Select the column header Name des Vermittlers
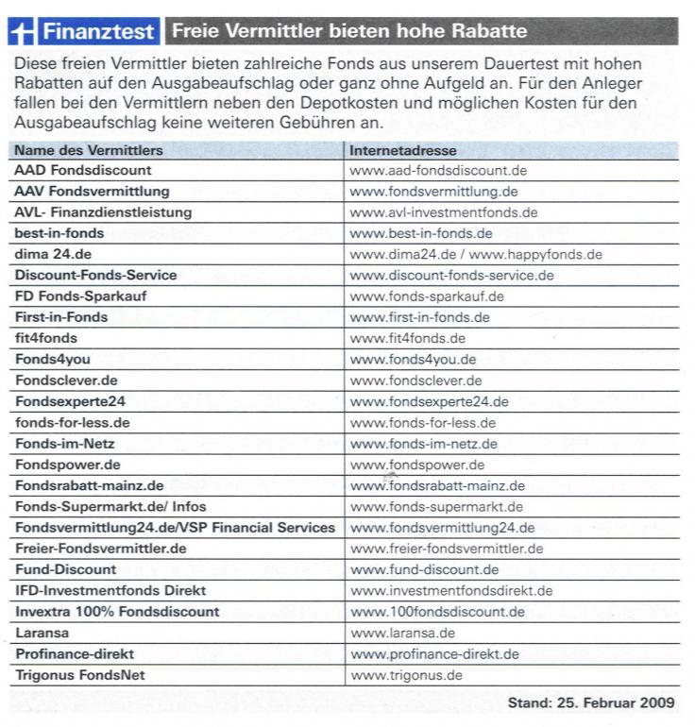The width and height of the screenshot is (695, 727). (x=89, y=150)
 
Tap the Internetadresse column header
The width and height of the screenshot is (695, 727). (x=403, y=150)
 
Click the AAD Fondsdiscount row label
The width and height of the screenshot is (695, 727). (x=83, y=170)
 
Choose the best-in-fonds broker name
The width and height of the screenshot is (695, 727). (x=59, y=233)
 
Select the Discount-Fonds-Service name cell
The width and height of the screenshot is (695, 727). (x=95, y=276)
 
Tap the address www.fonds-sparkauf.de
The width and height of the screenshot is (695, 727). (x=426, y=296)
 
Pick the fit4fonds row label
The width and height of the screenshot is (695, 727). (x=46, y=338)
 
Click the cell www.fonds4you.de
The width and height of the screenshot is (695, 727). (x=413, y=360)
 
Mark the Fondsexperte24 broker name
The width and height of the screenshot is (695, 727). (x=70, y=401)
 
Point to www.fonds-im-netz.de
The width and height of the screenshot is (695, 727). (x=423, y=444)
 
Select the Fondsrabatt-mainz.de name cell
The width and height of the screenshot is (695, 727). (x=89, y=485)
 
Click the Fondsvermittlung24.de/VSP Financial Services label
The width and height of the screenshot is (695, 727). (x=175, y=528)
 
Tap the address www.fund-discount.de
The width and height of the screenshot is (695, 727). (x=424, y=569)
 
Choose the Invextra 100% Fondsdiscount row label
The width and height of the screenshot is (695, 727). (x=117, y=612)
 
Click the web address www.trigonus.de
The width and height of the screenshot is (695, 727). (x=407, y=675)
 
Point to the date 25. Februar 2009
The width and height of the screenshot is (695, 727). (x=617, y=703)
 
